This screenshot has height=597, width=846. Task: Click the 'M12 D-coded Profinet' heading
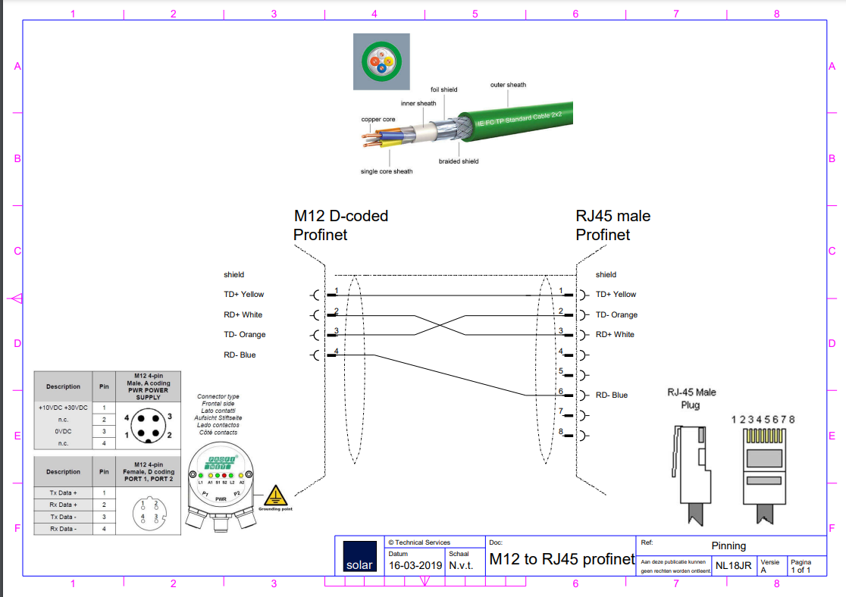pyautogui.click(x=340, y=225)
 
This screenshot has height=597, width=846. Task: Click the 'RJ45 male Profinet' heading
pyautogui.click(x=613, y=225)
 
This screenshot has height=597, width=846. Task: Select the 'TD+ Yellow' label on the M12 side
pyautogui.click(x=243, y=294)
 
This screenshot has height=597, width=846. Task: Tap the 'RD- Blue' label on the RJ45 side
pyautogui.click(x=612, y=395)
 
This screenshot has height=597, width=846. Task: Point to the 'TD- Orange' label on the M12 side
pyautogui.click(x=244, y=334)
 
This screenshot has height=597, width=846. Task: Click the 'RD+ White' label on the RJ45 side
pyautogui.click(x=615, y=334)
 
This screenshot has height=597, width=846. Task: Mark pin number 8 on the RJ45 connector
pyautogui.click(x=561, y=432)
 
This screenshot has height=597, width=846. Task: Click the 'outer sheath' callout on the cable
pyautogui.click(x=508, y=85)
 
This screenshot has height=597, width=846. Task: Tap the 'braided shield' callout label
pyautogui.click(x=459, y=161)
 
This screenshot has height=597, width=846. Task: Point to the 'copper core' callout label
pyautogui.click(x=378, y=119)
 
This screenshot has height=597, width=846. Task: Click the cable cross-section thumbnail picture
pyautogui.click(x=381, y=62)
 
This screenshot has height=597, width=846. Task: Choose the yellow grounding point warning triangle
pyautogui.click(x=274, y=495)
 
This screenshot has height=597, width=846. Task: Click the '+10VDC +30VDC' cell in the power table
pyautogui.click(x=63, y=408)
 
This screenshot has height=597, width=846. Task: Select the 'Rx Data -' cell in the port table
pyautogui.click(x=63, y=528)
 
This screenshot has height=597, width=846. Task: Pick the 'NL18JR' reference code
pyautogui.click(x=733, y=565)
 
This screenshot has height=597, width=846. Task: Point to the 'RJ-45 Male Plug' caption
pyautogui.click(x=691, y=399)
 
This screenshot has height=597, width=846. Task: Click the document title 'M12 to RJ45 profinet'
pyautogui.click(x=562, y=560)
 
